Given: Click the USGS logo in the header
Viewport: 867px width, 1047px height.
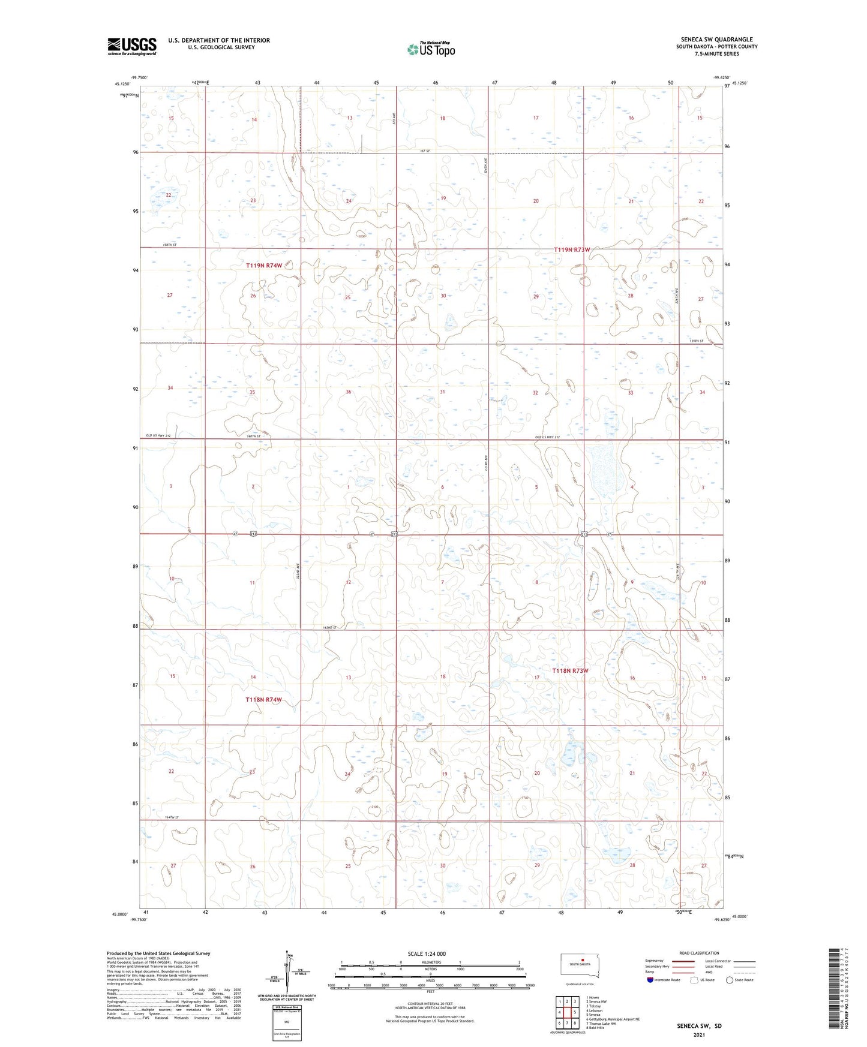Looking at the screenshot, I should pyautogui.click(x=132, y=46).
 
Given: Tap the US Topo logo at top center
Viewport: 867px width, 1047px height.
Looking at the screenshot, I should pyautogui.click(x=430, y=49).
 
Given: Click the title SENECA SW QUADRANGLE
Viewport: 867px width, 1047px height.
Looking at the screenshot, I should pyautogui.click(x=716, y=40).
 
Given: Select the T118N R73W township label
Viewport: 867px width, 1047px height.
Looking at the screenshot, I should pyautogui.click(x=570, y=670).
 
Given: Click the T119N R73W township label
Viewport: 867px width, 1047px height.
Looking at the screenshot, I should pyautogui.click(x=572, y=249).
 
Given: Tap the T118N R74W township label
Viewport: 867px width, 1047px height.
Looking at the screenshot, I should pyautogui.click(x=263, y=700).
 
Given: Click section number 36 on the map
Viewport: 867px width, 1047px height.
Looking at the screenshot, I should pyautogui.click(x=348, y=392).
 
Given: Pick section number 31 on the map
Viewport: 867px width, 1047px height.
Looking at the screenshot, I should pyautogui.click(x=442, y=392).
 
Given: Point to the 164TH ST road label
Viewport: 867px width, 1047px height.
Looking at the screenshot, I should pyautogui.click(x=172, y=817).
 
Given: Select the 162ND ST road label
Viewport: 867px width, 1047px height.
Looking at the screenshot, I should pyautogui.click(x=330, y=627).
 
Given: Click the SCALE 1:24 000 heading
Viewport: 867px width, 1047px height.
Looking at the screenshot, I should pyautogui.click(x=427, y=953).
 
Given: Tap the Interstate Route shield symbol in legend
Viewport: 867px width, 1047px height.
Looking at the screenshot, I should pyautogui.click(x=650, y=980).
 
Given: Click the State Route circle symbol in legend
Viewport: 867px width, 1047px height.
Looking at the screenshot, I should pyautogui.click(x=730, y=980).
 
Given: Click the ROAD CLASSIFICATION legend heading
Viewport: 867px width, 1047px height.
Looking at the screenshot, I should pyautogui.click(x=699, y=953).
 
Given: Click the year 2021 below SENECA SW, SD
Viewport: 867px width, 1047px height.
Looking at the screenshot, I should pyautogui.click(x=698, y=1035).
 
